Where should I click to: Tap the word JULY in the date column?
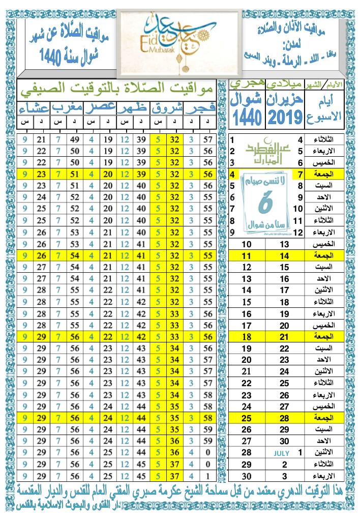281,452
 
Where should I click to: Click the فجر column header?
200,109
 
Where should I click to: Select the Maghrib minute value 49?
76,139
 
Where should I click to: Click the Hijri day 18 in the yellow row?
247,337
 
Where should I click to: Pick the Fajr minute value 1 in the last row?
207,476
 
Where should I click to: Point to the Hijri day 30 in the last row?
247,476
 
